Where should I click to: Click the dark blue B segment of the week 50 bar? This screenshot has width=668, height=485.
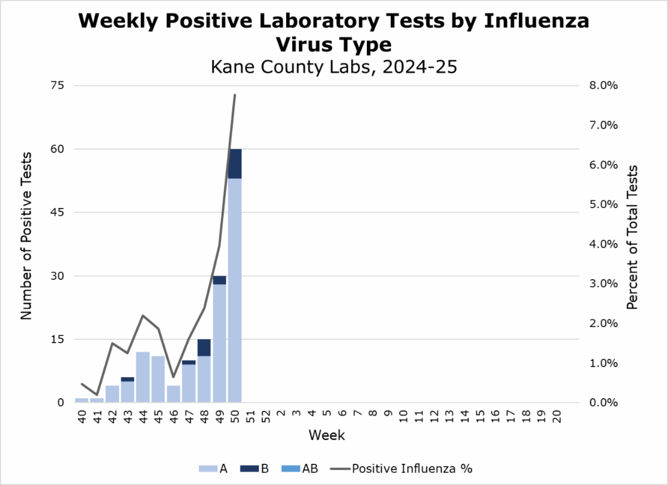[235, 164]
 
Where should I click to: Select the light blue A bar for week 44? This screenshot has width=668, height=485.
[143, 377]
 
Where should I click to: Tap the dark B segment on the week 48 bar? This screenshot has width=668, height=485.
[204, 348]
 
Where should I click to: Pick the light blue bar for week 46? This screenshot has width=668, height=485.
[174, 394]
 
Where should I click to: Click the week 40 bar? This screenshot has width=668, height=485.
[82, 400]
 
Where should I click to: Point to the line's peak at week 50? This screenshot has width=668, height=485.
[235, 95]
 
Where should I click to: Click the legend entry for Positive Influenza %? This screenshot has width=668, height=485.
[411, 468]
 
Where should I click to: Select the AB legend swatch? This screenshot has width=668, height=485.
[292, 468]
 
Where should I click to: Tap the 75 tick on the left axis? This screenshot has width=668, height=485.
[58, 85]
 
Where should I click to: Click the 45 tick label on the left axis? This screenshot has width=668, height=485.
[58, 212]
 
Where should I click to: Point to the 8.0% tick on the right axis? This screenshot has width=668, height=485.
[603, 85]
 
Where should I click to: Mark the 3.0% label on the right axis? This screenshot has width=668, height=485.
[603, 283]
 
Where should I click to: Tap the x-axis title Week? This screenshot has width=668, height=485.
[327, 435]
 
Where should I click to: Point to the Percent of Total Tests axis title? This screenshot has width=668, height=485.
[632, 237]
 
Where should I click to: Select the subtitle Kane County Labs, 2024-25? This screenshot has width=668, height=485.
[333, 67]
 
